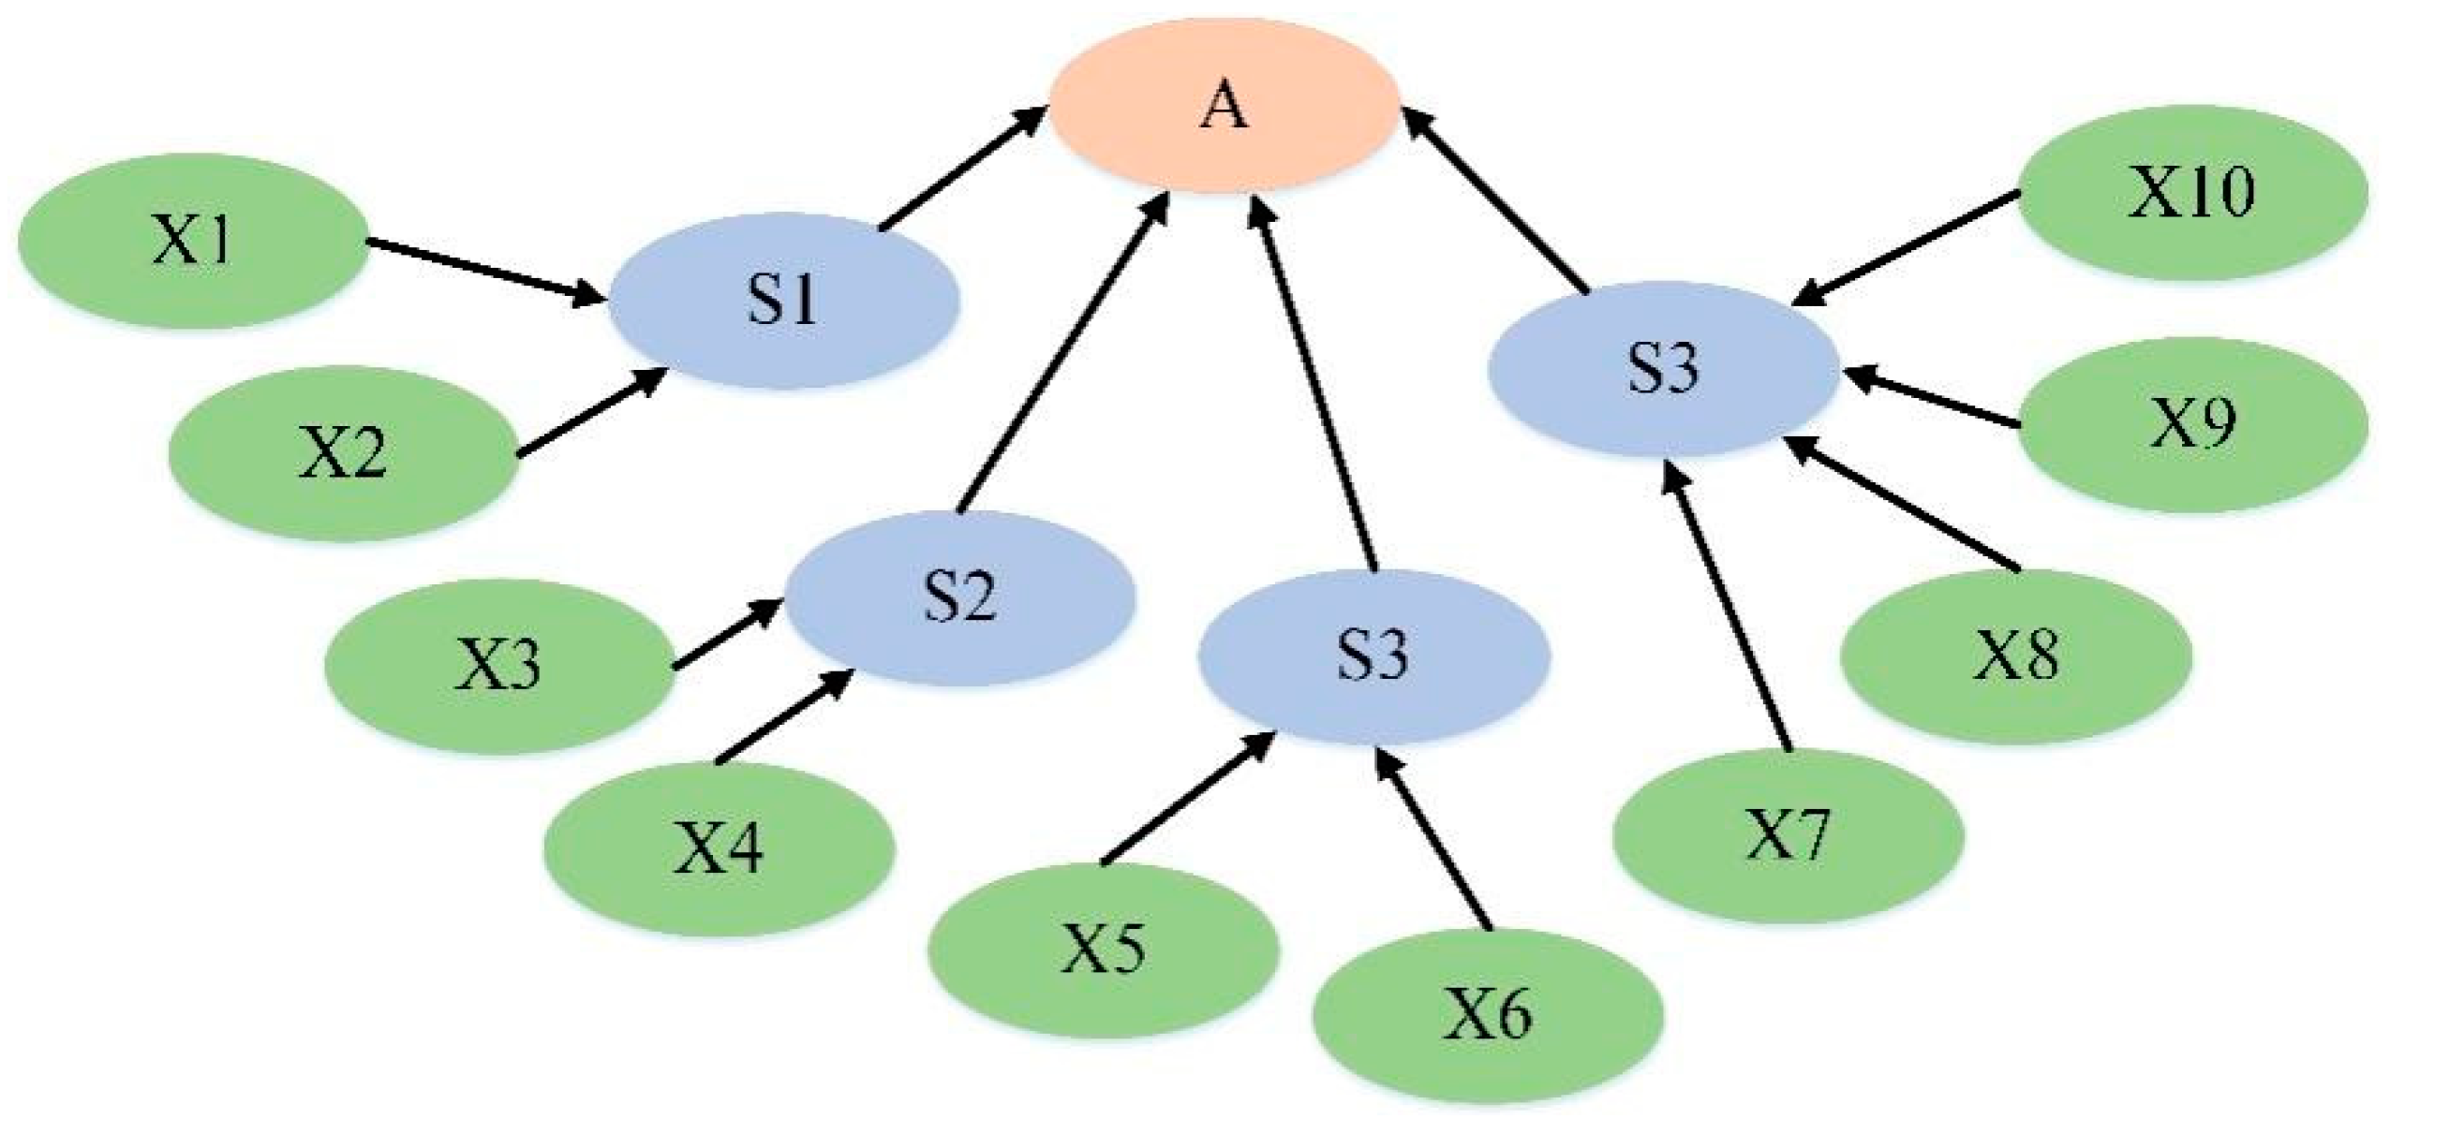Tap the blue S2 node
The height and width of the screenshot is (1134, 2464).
[960, 597]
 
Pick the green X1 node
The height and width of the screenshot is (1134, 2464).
[191, 242]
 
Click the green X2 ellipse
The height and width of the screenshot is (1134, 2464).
[343, 454]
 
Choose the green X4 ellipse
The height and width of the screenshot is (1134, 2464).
[720, 848]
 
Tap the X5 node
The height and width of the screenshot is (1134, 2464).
[1104, 950]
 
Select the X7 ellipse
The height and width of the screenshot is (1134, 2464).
[1788, 835]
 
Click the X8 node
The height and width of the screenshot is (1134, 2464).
[2016, 656]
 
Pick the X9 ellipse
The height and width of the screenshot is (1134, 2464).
[2193, 423]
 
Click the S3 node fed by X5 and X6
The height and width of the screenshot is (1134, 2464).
[1373, 656]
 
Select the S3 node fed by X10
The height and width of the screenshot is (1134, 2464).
[1664, 368]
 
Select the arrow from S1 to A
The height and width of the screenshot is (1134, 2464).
[961, 169]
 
